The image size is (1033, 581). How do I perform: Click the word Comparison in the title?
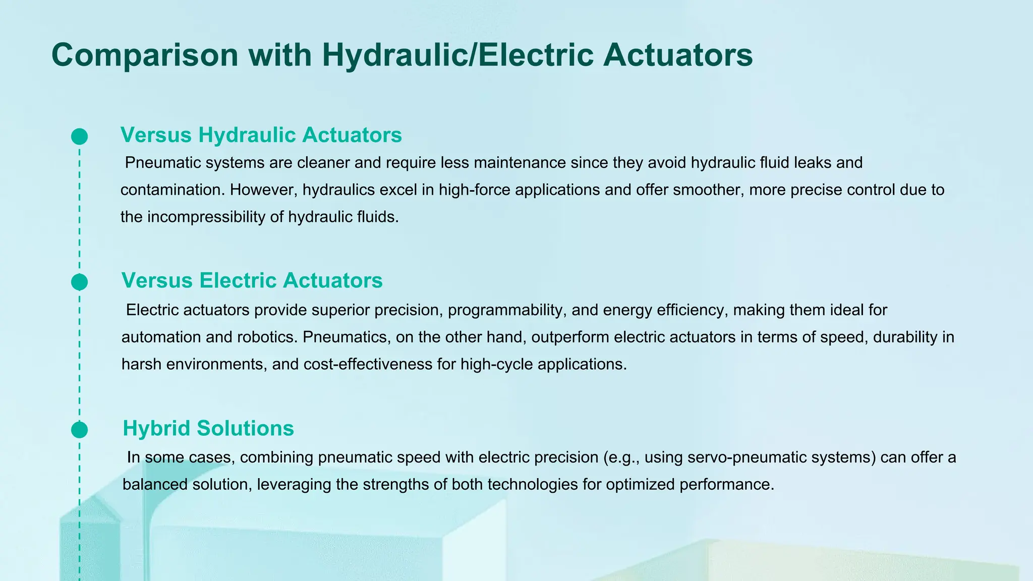[145, 55]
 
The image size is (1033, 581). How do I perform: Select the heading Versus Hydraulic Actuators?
[261, 135]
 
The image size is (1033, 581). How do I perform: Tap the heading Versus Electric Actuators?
[252, 280]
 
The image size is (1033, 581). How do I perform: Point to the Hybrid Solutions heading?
[208, 428]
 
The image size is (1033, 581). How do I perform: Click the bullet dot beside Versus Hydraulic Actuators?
[80, 137]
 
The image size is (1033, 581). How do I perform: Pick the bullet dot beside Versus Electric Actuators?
[80, 282]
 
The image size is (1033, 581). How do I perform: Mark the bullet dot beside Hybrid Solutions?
[80, 430]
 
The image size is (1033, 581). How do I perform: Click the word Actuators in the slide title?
[677, 55]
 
